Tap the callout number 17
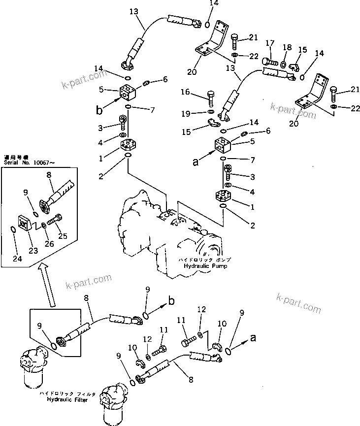[269, 43]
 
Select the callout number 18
[287, 47]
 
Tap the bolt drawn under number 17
[269, 62]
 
